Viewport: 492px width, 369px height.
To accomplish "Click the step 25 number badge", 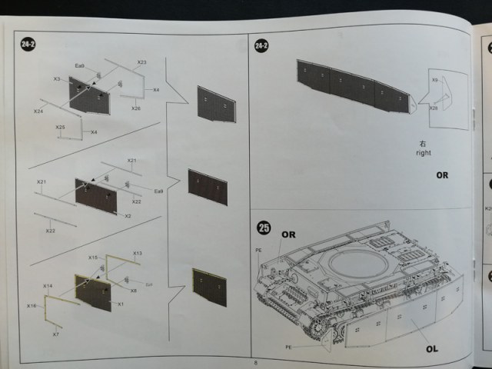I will pyautogui.click(x=264, y=228).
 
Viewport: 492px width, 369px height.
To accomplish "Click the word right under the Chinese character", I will pyautogui.click(x=423, y=154).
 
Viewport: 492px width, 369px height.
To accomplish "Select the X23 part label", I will pyautogui.click(x=141, y=61).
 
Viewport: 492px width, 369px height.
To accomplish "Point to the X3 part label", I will pyautogui.click(x=57, y=79).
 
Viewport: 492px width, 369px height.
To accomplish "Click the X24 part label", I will pyautogui.click(x=38, y=111).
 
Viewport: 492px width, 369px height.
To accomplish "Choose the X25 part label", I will pyautogui.click(x=61, y=127).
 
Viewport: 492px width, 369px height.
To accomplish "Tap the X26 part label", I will pyautogui.click(x=136, y=108).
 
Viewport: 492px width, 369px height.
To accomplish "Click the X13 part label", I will pyautogui.click(x=138, y=253).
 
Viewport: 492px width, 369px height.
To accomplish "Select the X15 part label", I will pyautogui.click(x=93, y=258).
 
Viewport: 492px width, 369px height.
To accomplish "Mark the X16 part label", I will pyautogui.click(x=32, y=306).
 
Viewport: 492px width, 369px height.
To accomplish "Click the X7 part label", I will pyautogui.click(x=56, y=335).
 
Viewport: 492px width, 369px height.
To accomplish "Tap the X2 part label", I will pyautogui.click(x=128, y=216).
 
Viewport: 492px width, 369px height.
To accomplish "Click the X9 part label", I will pyautogui.click(x=434, y=80).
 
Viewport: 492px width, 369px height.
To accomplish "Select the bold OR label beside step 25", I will pyautogui.click(x=288, y=233).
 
